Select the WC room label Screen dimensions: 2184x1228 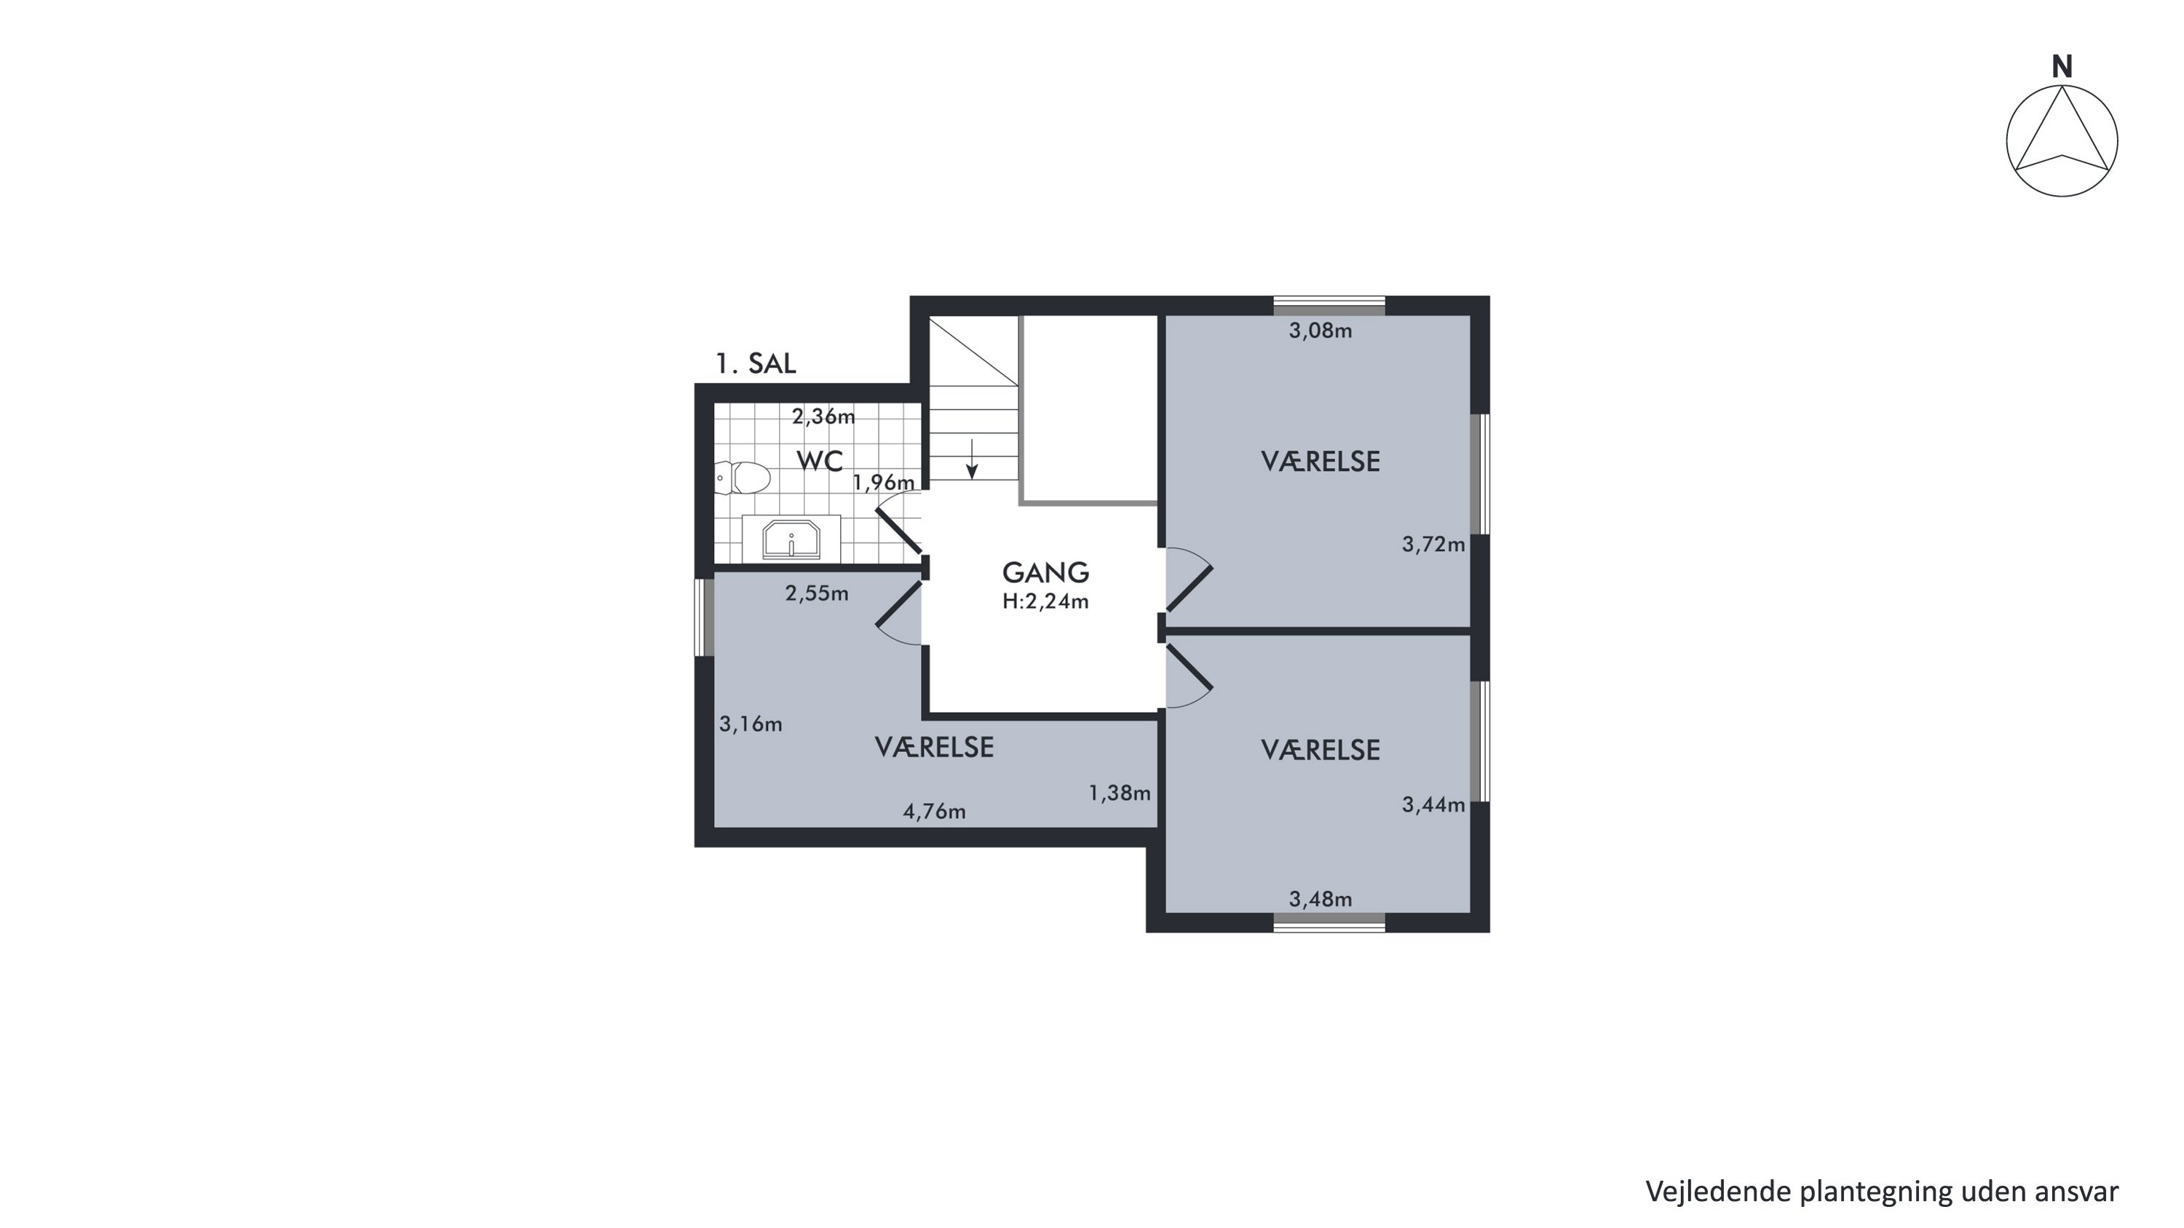tap(820, 462)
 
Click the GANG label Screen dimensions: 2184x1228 tap(1045, 573)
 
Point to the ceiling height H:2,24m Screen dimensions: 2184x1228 tap(1045, 602)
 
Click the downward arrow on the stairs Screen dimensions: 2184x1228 tap(973, 459)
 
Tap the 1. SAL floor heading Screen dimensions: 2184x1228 tap(756, 363)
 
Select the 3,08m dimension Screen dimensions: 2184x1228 tap(1320, 331)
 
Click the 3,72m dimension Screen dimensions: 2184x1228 tap(1433, 545)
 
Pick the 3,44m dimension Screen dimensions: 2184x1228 tap(1433, 805)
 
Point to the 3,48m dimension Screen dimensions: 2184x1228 tap(1320, 899)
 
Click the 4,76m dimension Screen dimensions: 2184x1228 tap(934, 812)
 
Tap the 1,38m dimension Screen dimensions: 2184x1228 tap(1119, 793)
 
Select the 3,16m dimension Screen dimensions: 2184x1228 tap(751, 724)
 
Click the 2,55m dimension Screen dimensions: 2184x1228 tap(817, 594)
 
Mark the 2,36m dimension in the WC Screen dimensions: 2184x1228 tap(823, 417)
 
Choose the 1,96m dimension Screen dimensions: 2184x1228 tap(884, 483)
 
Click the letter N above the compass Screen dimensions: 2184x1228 tap(2062, 67)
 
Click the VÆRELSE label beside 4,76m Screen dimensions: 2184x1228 tap(933, 748)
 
